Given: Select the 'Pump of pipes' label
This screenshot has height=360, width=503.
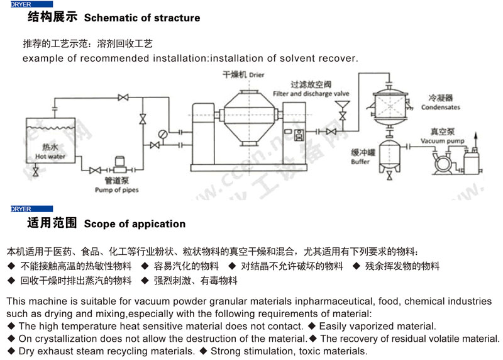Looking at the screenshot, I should pos(117,189).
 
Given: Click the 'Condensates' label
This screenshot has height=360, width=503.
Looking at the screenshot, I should pos(440,108).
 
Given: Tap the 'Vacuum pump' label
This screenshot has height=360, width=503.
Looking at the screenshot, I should pos(448,141).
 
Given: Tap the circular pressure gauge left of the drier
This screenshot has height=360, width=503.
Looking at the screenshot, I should pos(163,133).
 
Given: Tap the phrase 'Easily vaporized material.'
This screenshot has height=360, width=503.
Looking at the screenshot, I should pos(377,326).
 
